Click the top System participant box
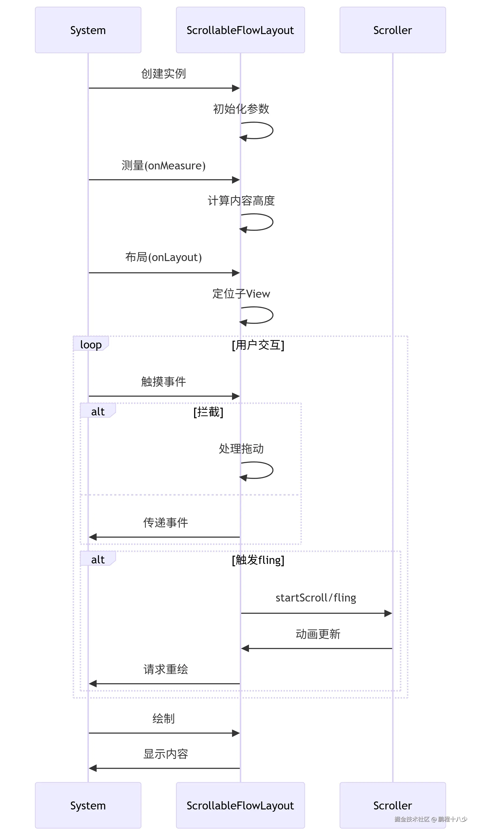click(x=88, y=30)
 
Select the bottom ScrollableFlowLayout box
click(x=240, y=805)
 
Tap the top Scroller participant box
click(x=392, y=30)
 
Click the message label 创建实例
click(x=164, y=73)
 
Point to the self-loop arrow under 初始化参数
click(x=261, y=131)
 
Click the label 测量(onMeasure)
click(x=164, y=165)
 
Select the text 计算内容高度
click(x=241, y=200)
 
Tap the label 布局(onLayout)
click(x=164, y=257)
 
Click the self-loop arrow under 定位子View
click(x=261, y=315)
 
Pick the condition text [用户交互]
click(x=258, y=345)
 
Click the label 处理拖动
click(x=241, y=448)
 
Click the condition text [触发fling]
click(x=258, y=560)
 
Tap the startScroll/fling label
click(x=316, y=598)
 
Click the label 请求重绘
click(x=166, y=669)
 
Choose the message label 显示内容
click(x=166, y=754)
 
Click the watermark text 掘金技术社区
click(x=412, y=819)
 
